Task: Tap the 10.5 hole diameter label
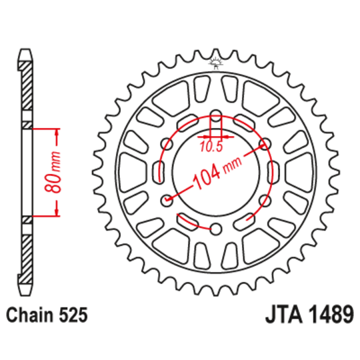(211, 147)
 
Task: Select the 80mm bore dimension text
(53, 172)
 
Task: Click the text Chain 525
(47, 315)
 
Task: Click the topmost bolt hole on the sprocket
(216, 116)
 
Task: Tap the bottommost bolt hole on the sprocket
(216, 229)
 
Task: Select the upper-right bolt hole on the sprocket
(265, 144)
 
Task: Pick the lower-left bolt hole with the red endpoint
(167, 201)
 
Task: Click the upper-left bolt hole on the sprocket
(167, 144)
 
